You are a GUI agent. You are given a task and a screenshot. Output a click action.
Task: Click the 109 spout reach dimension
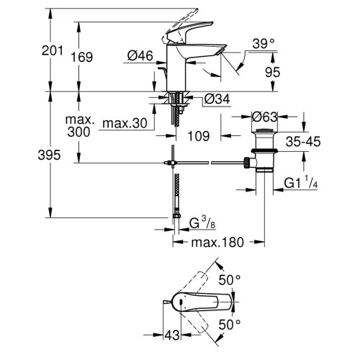pos(198,135)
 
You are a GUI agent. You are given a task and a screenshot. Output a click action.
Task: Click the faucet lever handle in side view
pos(176,14)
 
